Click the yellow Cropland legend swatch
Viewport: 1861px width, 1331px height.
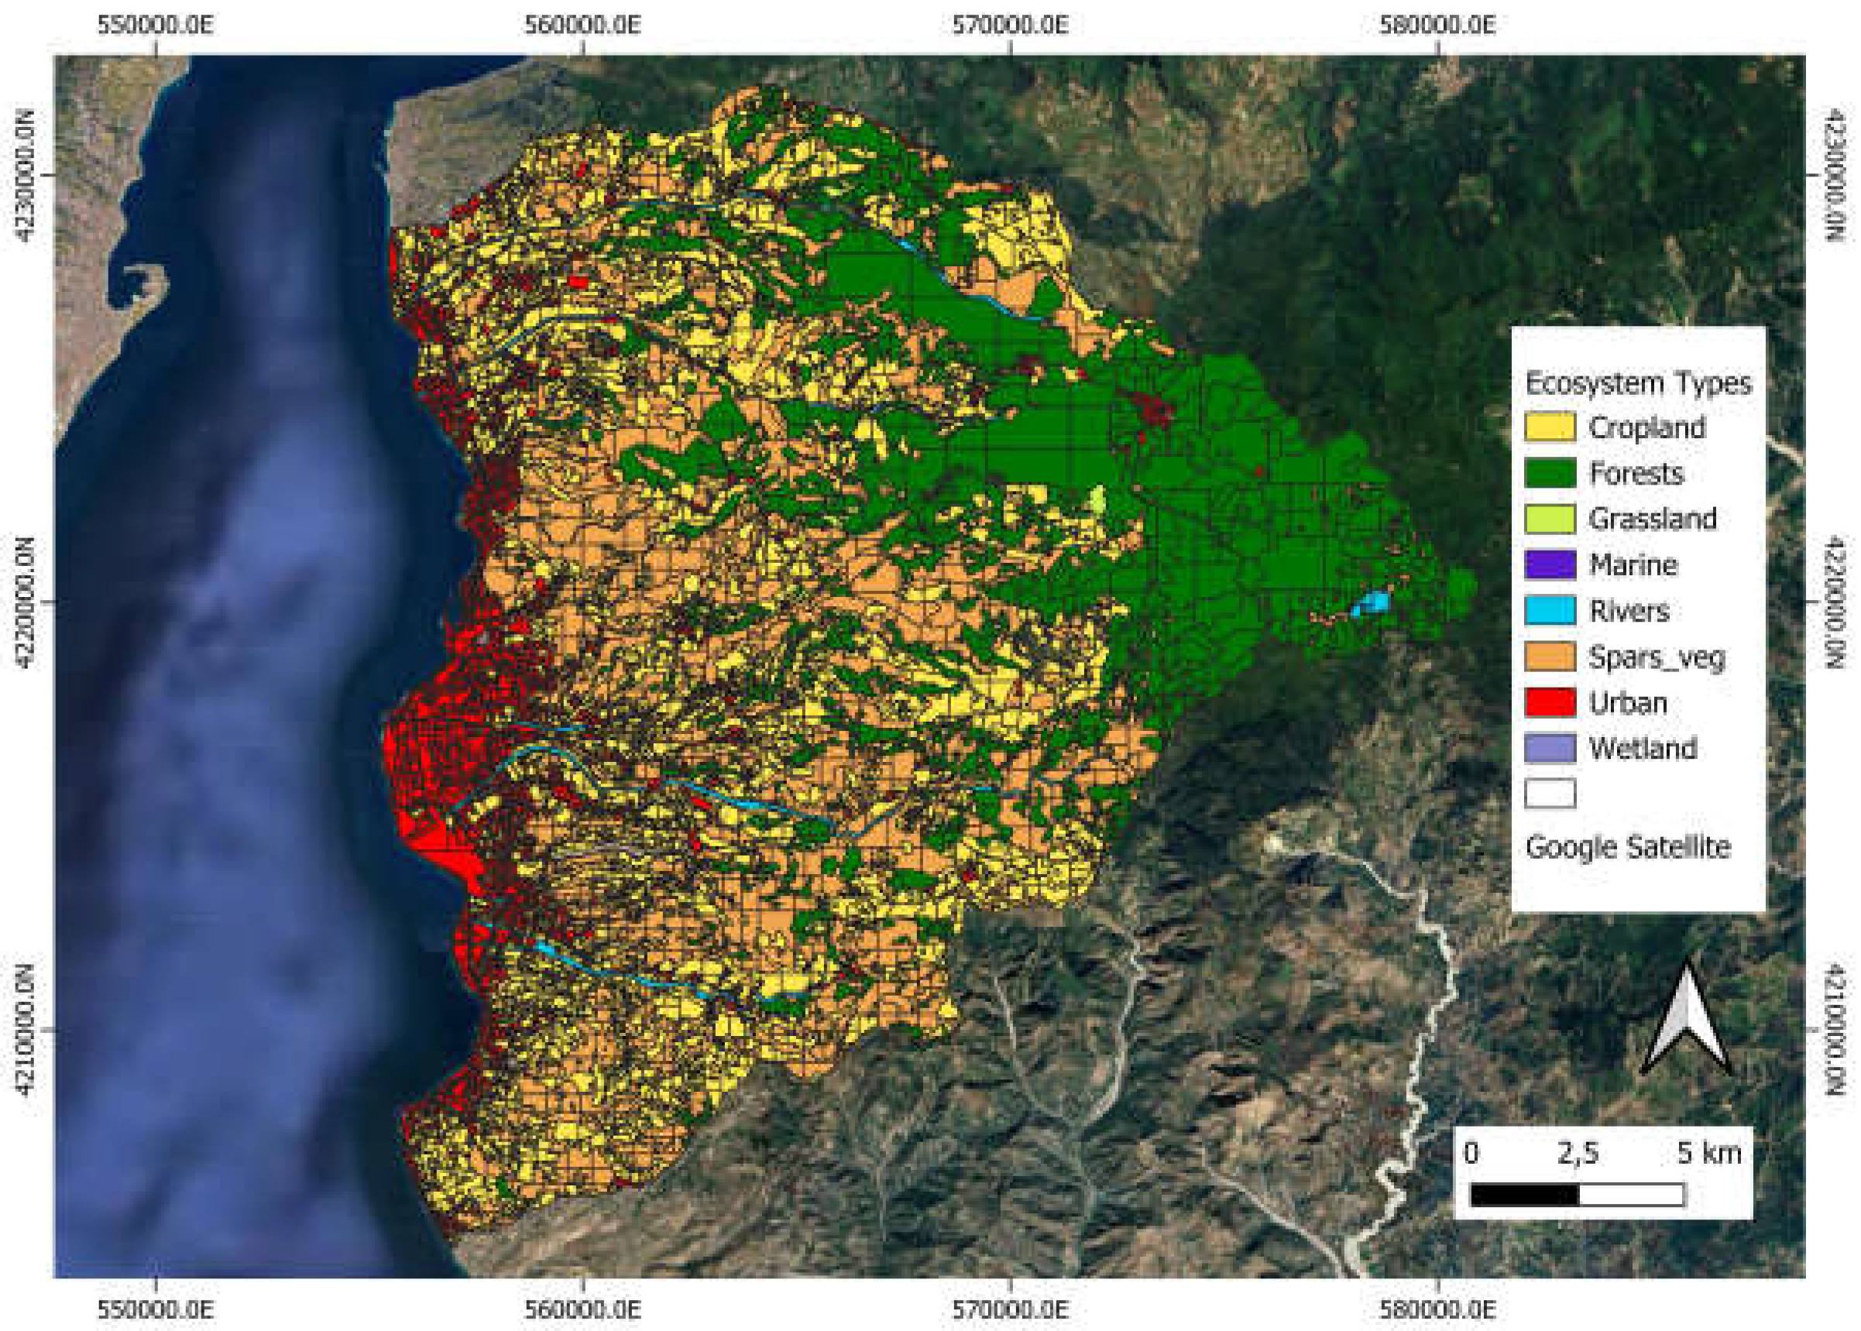[1549, 427]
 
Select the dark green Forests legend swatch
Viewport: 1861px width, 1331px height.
[1549, 473]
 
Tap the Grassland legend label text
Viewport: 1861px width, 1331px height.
[1652, 519]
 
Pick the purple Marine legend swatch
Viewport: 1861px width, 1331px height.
[1549, 564]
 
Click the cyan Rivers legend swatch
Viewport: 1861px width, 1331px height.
[1549, 611]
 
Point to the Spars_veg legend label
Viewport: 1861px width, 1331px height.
[1656, 657]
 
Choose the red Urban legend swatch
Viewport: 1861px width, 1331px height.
[1549, 702]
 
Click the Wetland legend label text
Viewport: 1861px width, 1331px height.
[1642, 748]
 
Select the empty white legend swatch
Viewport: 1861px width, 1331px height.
[1549, 794]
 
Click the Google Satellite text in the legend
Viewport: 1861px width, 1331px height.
[1627, 846]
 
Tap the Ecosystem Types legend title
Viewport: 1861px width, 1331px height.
[1637, 382]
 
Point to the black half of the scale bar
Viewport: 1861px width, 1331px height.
[1524, 1195]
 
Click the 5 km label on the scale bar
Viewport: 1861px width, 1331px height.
[1708, 1153]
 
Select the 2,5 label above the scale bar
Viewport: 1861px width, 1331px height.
[1578, 1153]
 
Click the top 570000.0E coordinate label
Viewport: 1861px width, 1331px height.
[1009, 25]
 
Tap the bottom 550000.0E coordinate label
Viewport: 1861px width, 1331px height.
[155, 1309]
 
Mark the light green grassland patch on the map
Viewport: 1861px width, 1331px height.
[1097, 502]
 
